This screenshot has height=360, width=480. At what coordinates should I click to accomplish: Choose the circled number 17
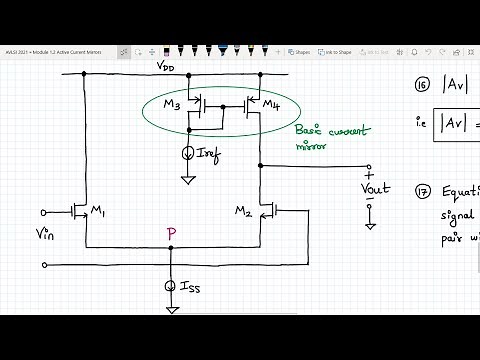pos(420,191)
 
